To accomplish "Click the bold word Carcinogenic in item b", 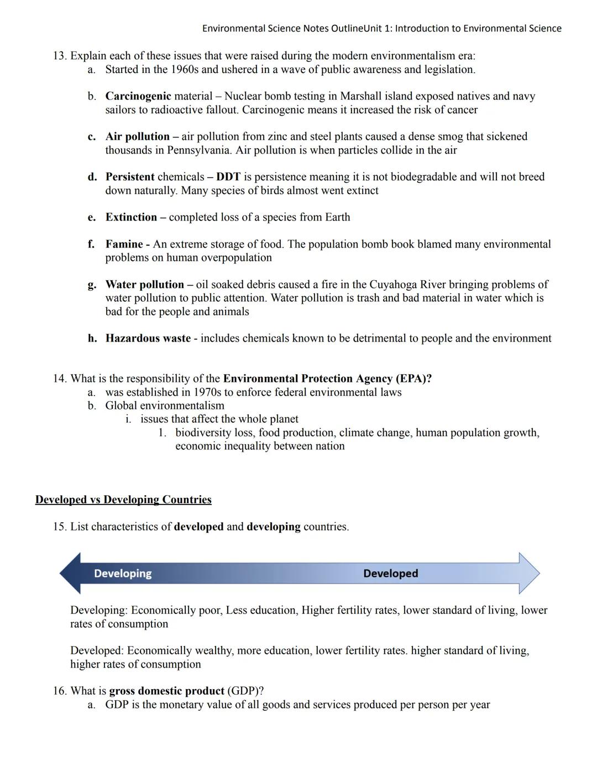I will [138, 96].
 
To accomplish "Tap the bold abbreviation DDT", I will [228, 177].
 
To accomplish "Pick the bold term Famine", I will [124, 244].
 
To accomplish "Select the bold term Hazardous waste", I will [148, 338].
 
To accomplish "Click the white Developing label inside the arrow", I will [123, 574].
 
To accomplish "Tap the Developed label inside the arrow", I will [390, 574].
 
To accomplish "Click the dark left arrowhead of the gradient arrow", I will [71, 574].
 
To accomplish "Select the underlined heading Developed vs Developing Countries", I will [123, 500].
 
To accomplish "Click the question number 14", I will [60, 379].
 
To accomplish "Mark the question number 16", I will [60, 691].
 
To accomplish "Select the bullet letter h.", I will [92, 338].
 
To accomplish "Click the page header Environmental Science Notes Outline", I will [282, 28].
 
